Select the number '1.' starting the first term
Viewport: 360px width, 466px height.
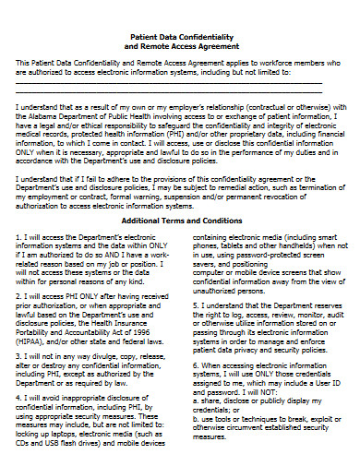click(x=19, y=238)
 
